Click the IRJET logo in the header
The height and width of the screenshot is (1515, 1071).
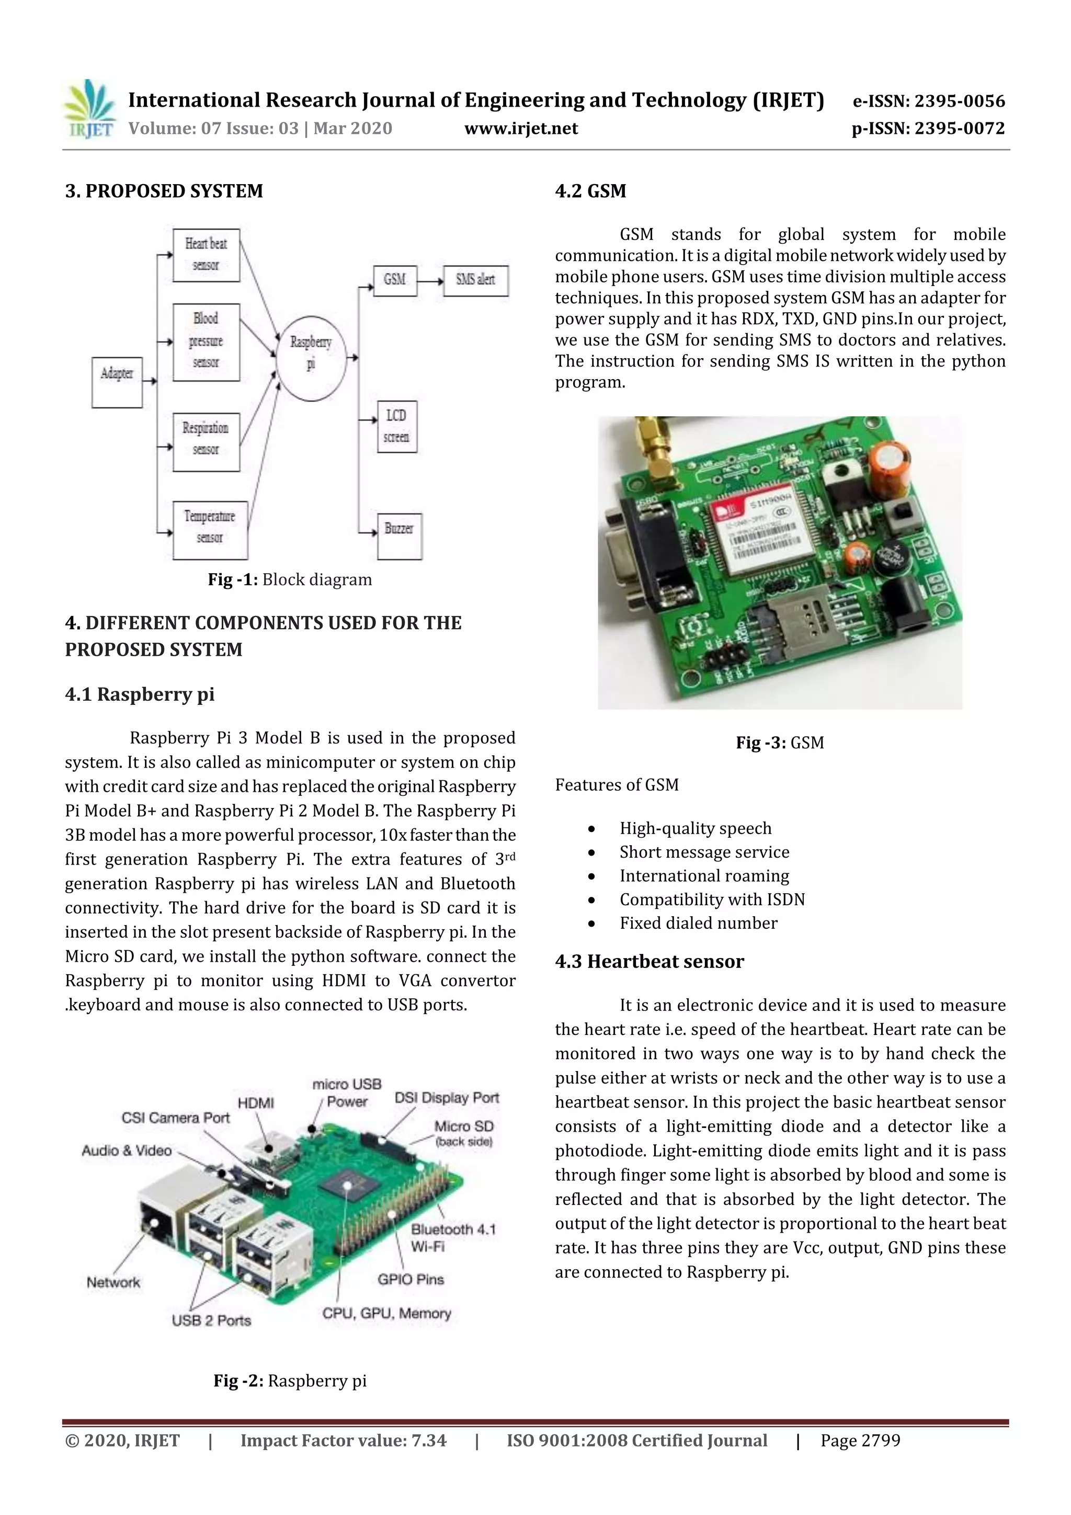point(89,109)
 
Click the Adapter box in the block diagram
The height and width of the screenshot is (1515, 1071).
point(117,382)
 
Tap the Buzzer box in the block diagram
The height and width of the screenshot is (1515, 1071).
point(399,536)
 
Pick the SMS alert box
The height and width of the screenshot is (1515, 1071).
point(476,280)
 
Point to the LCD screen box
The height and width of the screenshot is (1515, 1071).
point(396,426)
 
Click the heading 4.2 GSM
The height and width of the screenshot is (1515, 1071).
point(590,191)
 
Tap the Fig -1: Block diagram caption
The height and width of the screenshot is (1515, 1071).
point(290,579)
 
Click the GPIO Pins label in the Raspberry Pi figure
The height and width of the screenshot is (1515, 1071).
point(411,1279)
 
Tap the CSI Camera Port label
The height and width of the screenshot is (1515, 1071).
point(176,1118)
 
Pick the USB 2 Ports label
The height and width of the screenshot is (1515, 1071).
point(211,1320)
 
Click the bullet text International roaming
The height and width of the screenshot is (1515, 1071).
point(703,875)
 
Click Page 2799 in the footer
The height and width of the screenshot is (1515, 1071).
point(860,1440)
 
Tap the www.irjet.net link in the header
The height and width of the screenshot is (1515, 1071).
point(521,128)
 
